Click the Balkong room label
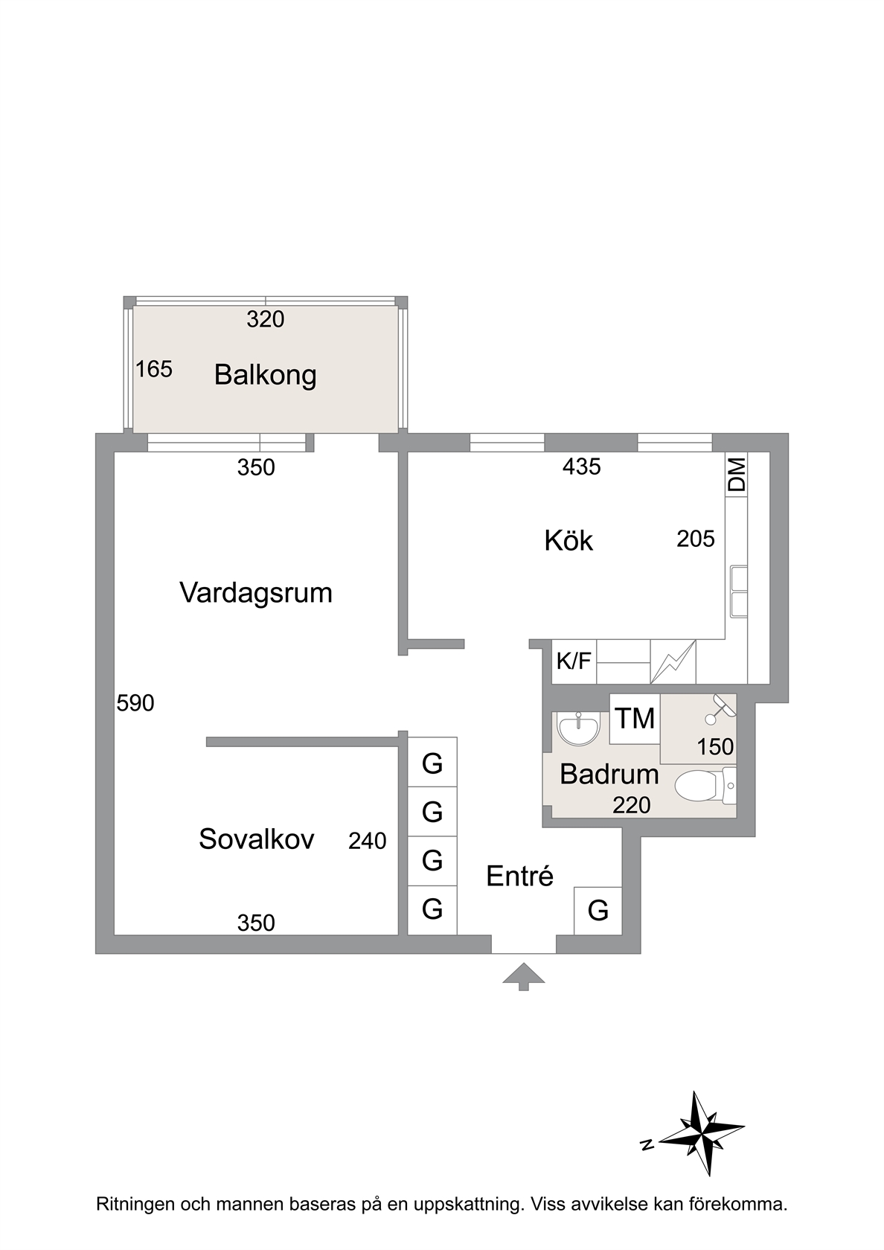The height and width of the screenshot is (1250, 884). coord(265,375)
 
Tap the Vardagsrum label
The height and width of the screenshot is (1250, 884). coord(256,593)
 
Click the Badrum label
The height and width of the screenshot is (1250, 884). coord(609,774)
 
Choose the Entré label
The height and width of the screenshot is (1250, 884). coord(519,876)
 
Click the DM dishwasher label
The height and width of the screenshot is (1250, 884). coord(737,475)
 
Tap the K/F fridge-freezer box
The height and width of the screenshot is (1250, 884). coord(574,661)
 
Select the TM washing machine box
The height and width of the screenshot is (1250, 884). coord(635,719)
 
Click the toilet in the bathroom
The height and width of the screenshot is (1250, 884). coord(705,786)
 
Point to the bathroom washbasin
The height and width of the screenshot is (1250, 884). coord(579,729)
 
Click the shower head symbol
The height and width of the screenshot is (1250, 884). coord(720,709)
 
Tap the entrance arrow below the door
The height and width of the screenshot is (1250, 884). coord(524,976)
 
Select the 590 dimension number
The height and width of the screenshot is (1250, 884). coord(135,703)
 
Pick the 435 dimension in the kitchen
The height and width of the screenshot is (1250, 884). coord(582,467)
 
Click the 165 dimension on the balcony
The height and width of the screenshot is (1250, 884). coord(154,369)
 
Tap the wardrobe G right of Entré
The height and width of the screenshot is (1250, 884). coord(598,911)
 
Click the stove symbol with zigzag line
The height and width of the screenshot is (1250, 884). coord(673,661)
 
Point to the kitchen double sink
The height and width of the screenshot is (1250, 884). coord(739,592)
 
